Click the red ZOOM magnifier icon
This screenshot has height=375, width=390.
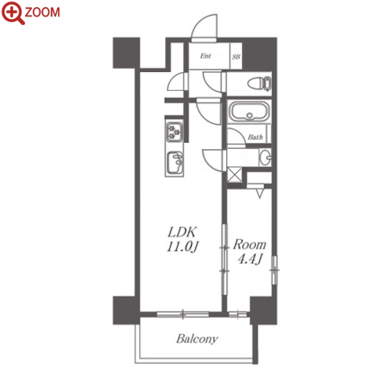click(x=13, y=13)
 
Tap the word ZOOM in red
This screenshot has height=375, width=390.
click(x=42, y=13)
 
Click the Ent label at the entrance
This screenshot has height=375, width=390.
click(x=205, y=56)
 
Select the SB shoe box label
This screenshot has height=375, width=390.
click(x=236, y=56)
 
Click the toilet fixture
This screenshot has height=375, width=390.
click(x=259, y=84)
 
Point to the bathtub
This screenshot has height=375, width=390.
click(x=249, y=111)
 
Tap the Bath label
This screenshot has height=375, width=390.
click(x=255, y=137)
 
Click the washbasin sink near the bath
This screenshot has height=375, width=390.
click(x=265, y=158)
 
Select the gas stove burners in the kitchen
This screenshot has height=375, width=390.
click(x=175, y=132)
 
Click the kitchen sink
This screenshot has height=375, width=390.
click(x=175, y=162)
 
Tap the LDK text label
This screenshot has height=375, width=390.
click(x=182, y=231)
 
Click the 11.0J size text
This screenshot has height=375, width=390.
click(x=182, y=246)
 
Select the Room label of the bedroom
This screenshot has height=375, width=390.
click(x=250, y=245)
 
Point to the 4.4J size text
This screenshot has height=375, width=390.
click(x=250, y=259)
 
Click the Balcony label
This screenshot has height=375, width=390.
click(x=197, y=339)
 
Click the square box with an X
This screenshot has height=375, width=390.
click(x=234, y=175)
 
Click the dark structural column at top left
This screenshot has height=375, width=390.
click(x=126, y=53)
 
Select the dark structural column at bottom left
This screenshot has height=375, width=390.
click(x=125, y=311)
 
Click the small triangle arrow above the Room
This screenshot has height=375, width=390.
click(x=259, y=194)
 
